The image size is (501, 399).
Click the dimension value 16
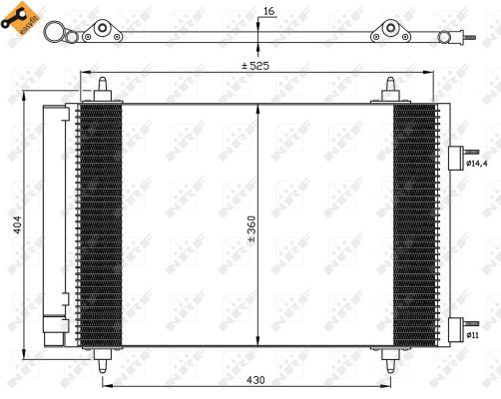click(266, 12)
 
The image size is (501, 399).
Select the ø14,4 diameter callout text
click(481, 163)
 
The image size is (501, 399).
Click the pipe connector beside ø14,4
click(457, 159)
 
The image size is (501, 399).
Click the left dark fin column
click(100, 224)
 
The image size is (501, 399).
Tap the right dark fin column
click(413, 224)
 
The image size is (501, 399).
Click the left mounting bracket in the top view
click(103, 33)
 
